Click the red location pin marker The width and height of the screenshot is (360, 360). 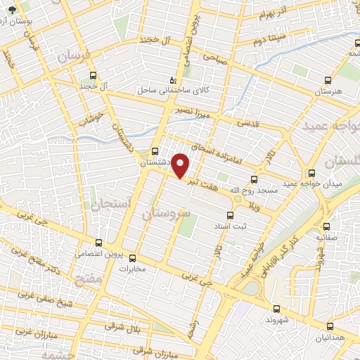[x=181, y=166]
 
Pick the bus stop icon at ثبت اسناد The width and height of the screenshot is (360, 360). [x=229, y=216]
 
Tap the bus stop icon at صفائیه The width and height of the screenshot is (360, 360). [x=328, y=226]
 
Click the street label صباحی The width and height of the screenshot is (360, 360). [x=216, y=60]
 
